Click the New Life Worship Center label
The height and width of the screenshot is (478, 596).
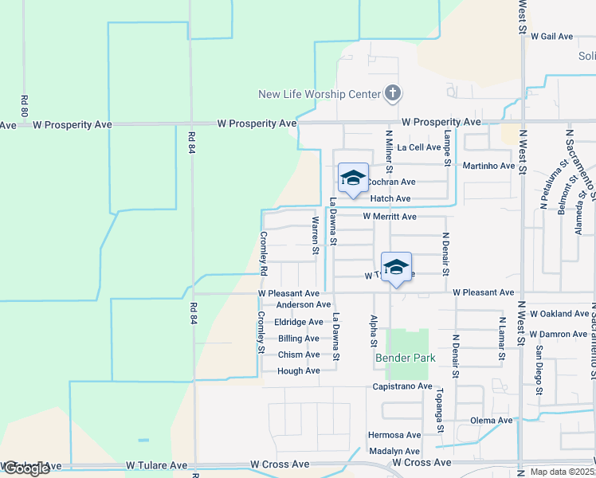coord(320,94)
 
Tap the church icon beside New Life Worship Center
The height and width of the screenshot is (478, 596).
coord(392,94)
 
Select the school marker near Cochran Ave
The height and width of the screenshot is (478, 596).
coord(353,178)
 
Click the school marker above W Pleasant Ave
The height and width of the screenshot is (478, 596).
coord(396,268)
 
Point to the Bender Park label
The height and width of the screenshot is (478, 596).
coord(406,358)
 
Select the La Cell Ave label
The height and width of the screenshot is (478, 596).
coord(419,147)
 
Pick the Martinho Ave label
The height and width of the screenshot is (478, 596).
coord(489,166)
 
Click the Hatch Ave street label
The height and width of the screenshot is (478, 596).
coord(390,198)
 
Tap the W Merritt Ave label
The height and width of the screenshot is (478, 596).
coord(390,217)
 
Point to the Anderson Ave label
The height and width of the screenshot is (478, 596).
coord(303,304)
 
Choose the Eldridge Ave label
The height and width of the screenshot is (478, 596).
coord(299,322)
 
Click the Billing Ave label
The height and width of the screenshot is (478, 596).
coord(298,339)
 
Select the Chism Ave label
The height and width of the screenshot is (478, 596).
coord(299,355)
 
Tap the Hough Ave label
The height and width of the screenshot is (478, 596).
coord(299,371)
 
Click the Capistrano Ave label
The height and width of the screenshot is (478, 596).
coord(402,386)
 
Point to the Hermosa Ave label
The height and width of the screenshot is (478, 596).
coord(394,435)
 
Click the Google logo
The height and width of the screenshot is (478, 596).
coord(26,468)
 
